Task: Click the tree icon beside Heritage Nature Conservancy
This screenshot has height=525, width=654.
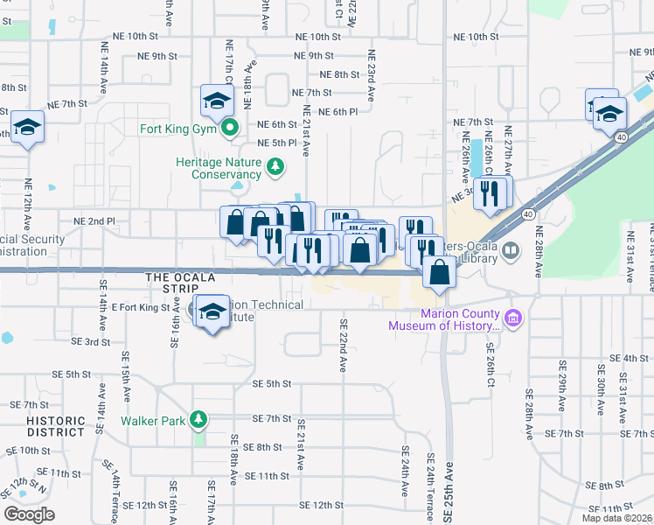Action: [275, 164]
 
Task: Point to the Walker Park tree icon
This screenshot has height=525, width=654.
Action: [199, 420]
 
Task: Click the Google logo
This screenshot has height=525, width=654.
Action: [29, 514]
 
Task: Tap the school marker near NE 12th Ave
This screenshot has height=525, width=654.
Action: [27, 129]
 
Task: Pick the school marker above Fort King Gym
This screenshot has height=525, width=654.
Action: [216, 102]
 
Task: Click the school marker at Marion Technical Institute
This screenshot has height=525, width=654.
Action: [212, 312]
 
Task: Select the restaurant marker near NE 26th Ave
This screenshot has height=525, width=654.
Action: [490, 192]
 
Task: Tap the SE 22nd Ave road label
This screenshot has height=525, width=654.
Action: [344, 343]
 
